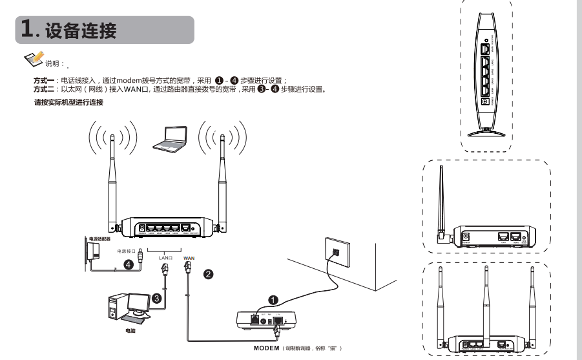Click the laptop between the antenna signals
(x=169, y=138)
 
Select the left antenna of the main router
(x=112, y=181)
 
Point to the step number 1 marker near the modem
(x=273, y=301)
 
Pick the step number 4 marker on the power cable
(x=129, y=264)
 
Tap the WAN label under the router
(x=189, y=257)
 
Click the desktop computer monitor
(x=138, y=302)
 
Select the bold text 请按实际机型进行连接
(x=68, y=103)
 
